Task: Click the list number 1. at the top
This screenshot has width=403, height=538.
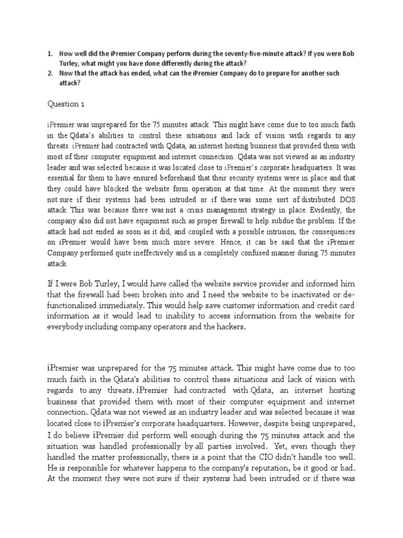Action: coord(50,54)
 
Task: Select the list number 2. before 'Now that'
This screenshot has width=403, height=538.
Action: coord(50,73)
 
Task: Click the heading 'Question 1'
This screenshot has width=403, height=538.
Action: coord(66,105)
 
